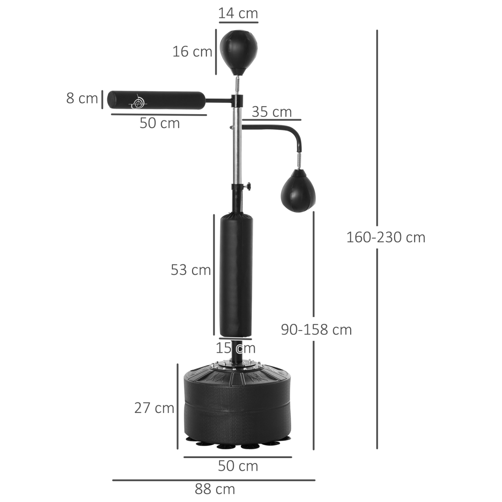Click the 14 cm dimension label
coord(238,13)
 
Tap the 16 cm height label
coord(192,52)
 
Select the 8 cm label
coord(82,99)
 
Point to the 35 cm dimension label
coord(271,112)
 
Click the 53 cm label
coord(191,270)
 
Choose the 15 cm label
coord(236,348)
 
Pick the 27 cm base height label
coord(154,407)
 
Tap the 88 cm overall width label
coord(215,489)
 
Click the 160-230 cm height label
coord(385,237)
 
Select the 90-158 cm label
coord(316,330)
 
